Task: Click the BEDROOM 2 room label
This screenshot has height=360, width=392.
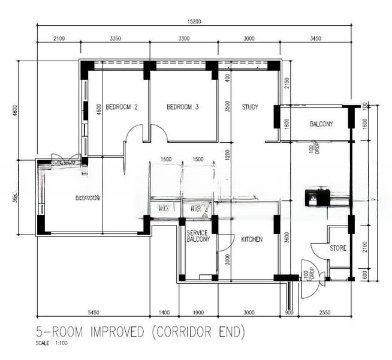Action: [x=122, y=107]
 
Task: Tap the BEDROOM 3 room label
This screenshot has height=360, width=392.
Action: [x=182, y=107]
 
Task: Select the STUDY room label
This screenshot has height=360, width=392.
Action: [x=250, y=107]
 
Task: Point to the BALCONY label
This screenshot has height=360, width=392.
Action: [x=321, y=124]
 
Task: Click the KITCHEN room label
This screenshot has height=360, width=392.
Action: [x=252, y=239]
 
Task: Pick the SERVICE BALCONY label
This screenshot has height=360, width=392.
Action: [x=198, y=236]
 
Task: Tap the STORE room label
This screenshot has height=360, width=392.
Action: [x=337, y=248]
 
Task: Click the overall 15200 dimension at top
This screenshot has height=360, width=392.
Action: [x=193, y=22]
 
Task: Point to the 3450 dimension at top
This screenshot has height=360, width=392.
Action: [x=315, y=38]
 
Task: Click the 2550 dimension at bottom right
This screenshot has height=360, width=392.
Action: [x=325, y=313]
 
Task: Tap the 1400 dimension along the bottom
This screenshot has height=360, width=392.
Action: [x=164, y=313]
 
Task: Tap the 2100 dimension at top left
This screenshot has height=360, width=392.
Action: [x=59, y=38]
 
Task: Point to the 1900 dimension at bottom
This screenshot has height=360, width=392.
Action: [x=198, y=313]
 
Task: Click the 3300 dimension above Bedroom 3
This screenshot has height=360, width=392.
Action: [x=183, y=38]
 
